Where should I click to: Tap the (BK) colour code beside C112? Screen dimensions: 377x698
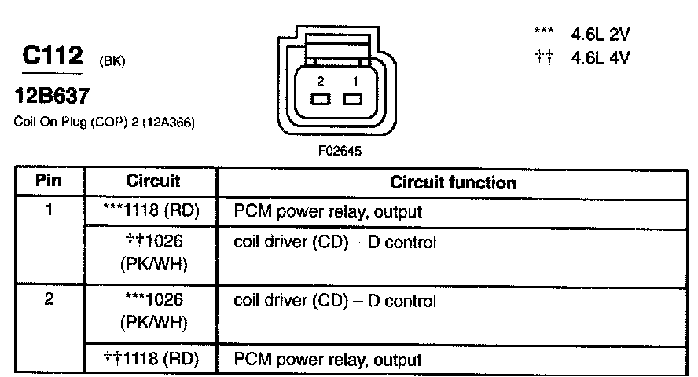(112, 60)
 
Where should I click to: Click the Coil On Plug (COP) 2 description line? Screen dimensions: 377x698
(105, 123)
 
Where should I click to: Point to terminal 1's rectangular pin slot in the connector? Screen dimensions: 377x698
(352, 99)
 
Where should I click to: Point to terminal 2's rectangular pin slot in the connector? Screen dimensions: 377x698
(320, 99)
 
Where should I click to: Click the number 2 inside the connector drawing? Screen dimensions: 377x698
(320, 82)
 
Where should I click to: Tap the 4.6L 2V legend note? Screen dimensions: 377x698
(601, 35)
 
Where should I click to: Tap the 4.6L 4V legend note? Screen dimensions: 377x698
(601, 57)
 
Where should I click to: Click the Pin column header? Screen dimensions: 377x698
(49, 181)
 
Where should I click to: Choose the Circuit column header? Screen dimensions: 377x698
(153, 181)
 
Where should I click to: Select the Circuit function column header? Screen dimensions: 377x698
(453, 183)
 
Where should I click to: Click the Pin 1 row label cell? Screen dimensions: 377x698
(49, 210)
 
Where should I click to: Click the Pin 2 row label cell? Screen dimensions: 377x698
(49, 301)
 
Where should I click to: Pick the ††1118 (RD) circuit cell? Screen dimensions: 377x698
(152, 360)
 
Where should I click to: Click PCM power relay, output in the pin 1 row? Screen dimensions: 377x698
(329, 211)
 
